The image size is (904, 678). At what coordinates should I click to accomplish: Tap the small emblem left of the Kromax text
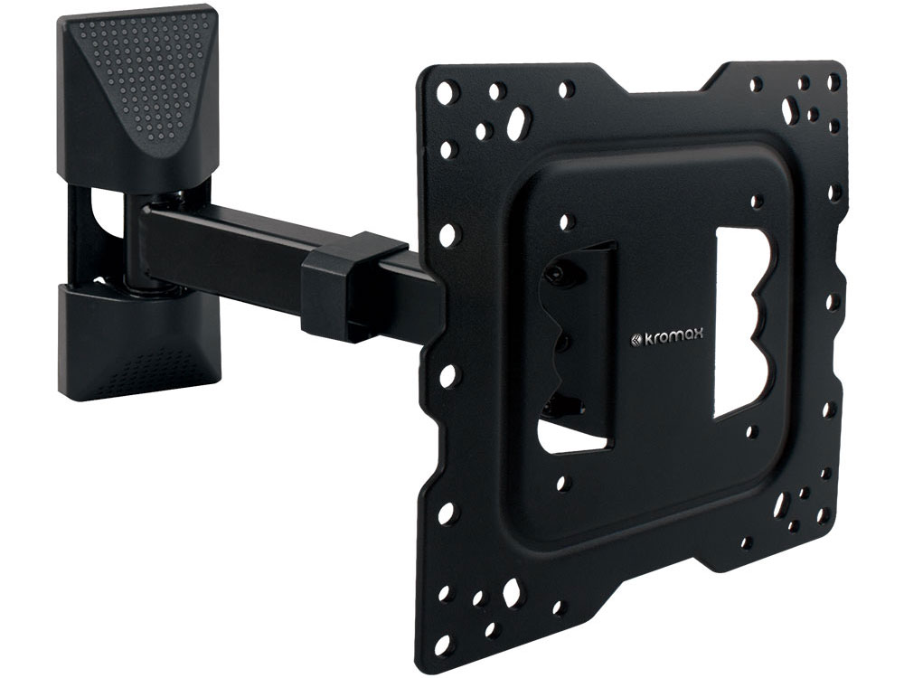click(x=635, y=338)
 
